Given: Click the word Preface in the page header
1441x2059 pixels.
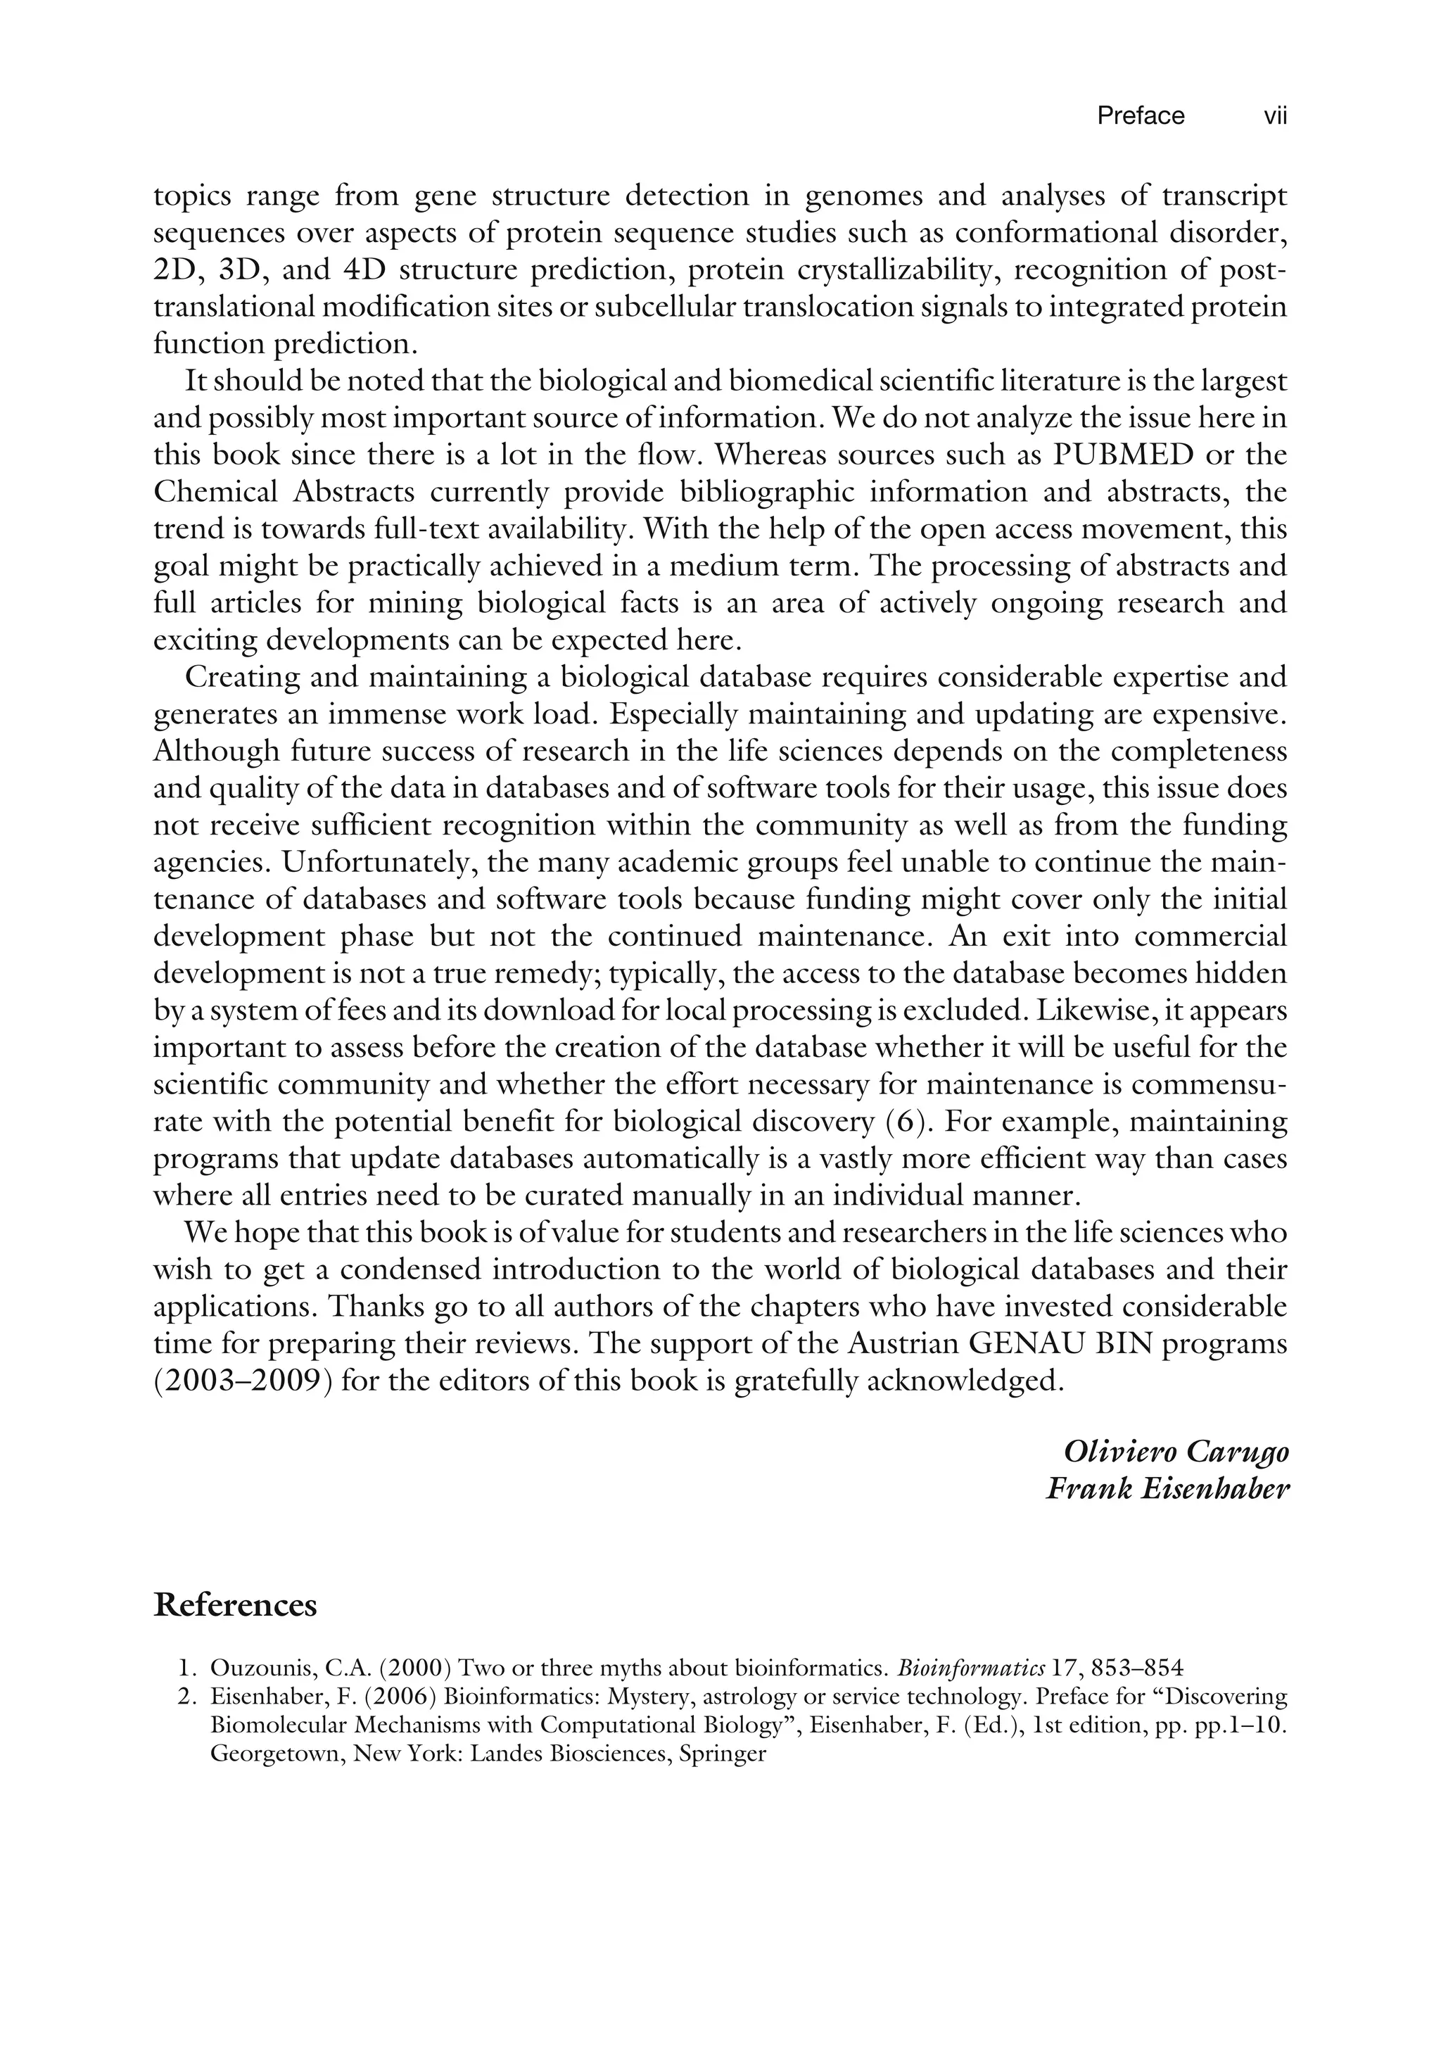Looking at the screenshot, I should pyautogui.click(x=1141, y=115).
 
